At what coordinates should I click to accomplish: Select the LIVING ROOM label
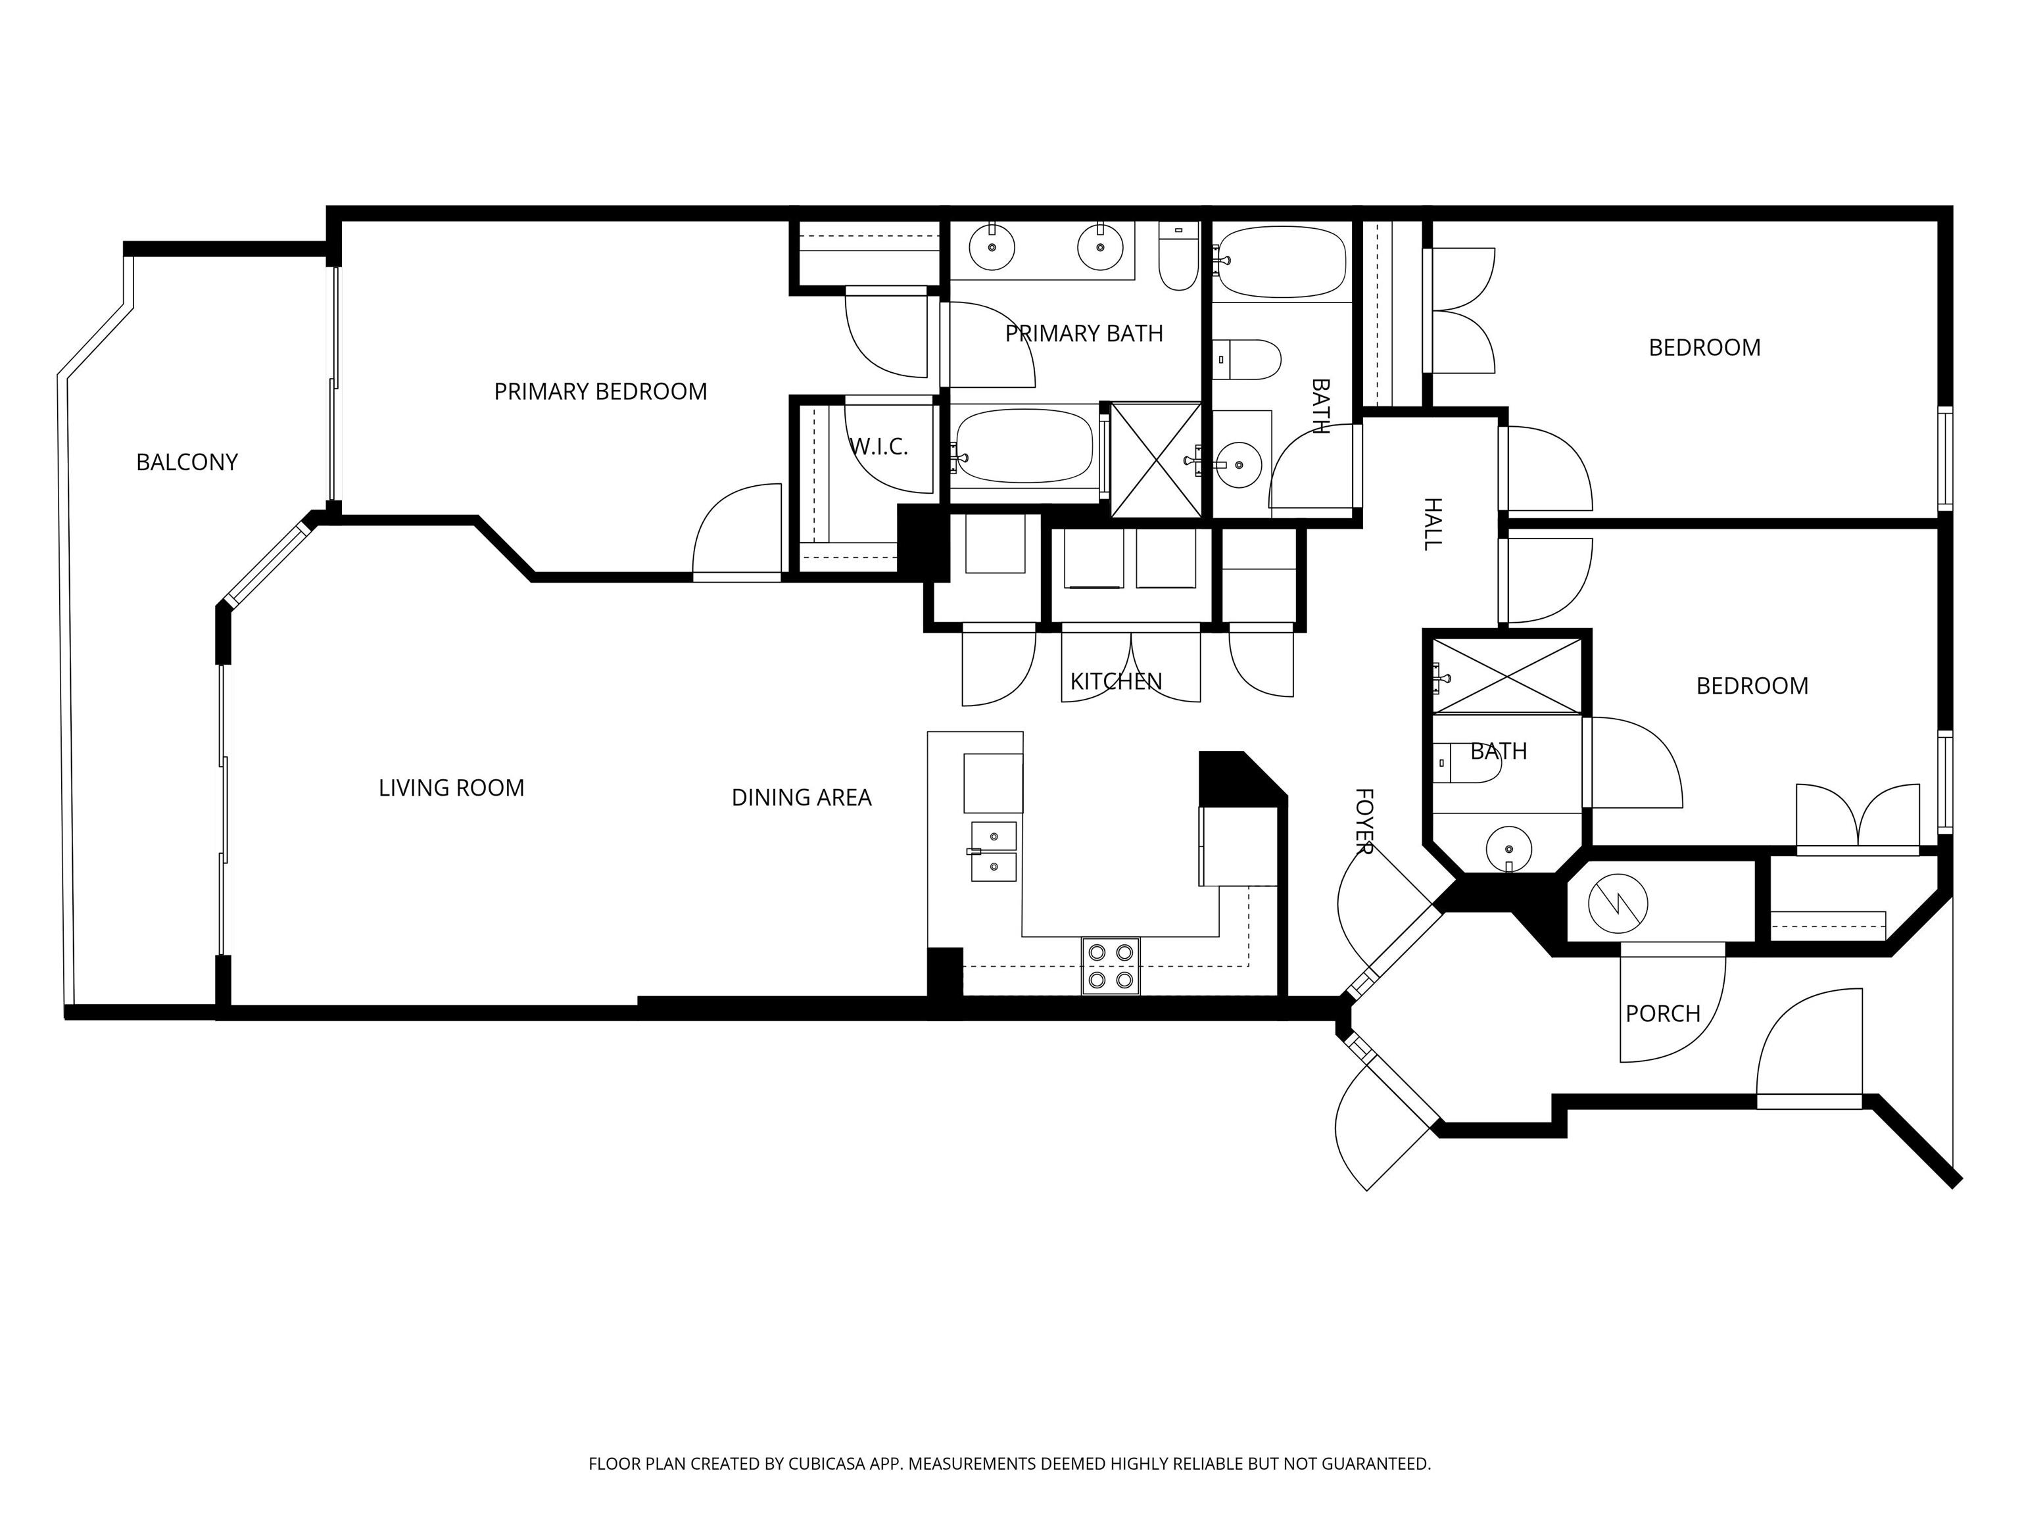coord(451,788)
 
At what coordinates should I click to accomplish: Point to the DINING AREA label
coord(801,798)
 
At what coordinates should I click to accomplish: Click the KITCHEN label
coord(1116,681)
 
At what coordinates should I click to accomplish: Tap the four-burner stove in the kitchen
coord(1111,966)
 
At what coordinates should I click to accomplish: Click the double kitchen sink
coord(994,851)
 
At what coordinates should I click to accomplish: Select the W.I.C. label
coord(878,448)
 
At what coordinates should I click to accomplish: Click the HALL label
coord(1432,524)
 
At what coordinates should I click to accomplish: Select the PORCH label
coord(1663,1014)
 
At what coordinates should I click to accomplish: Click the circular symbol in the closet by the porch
coord(1618,904)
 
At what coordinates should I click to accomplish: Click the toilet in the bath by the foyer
coord(1466,763)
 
